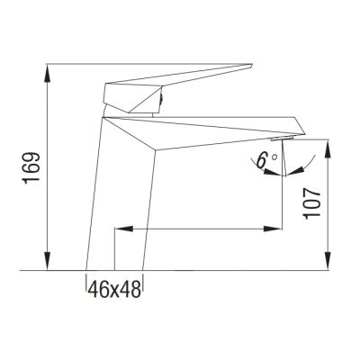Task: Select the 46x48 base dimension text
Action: pyautogui.click(x=115, y=289)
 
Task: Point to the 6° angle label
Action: pyautogui.click(x=265, y=162)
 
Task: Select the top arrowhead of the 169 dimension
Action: pyautogui.click(x=46, y=69)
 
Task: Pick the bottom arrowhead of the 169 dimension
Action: pyautogui.click(x=46, y=265)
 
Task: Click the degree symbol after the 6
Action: pyautogui.click(x=273, y=157)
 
